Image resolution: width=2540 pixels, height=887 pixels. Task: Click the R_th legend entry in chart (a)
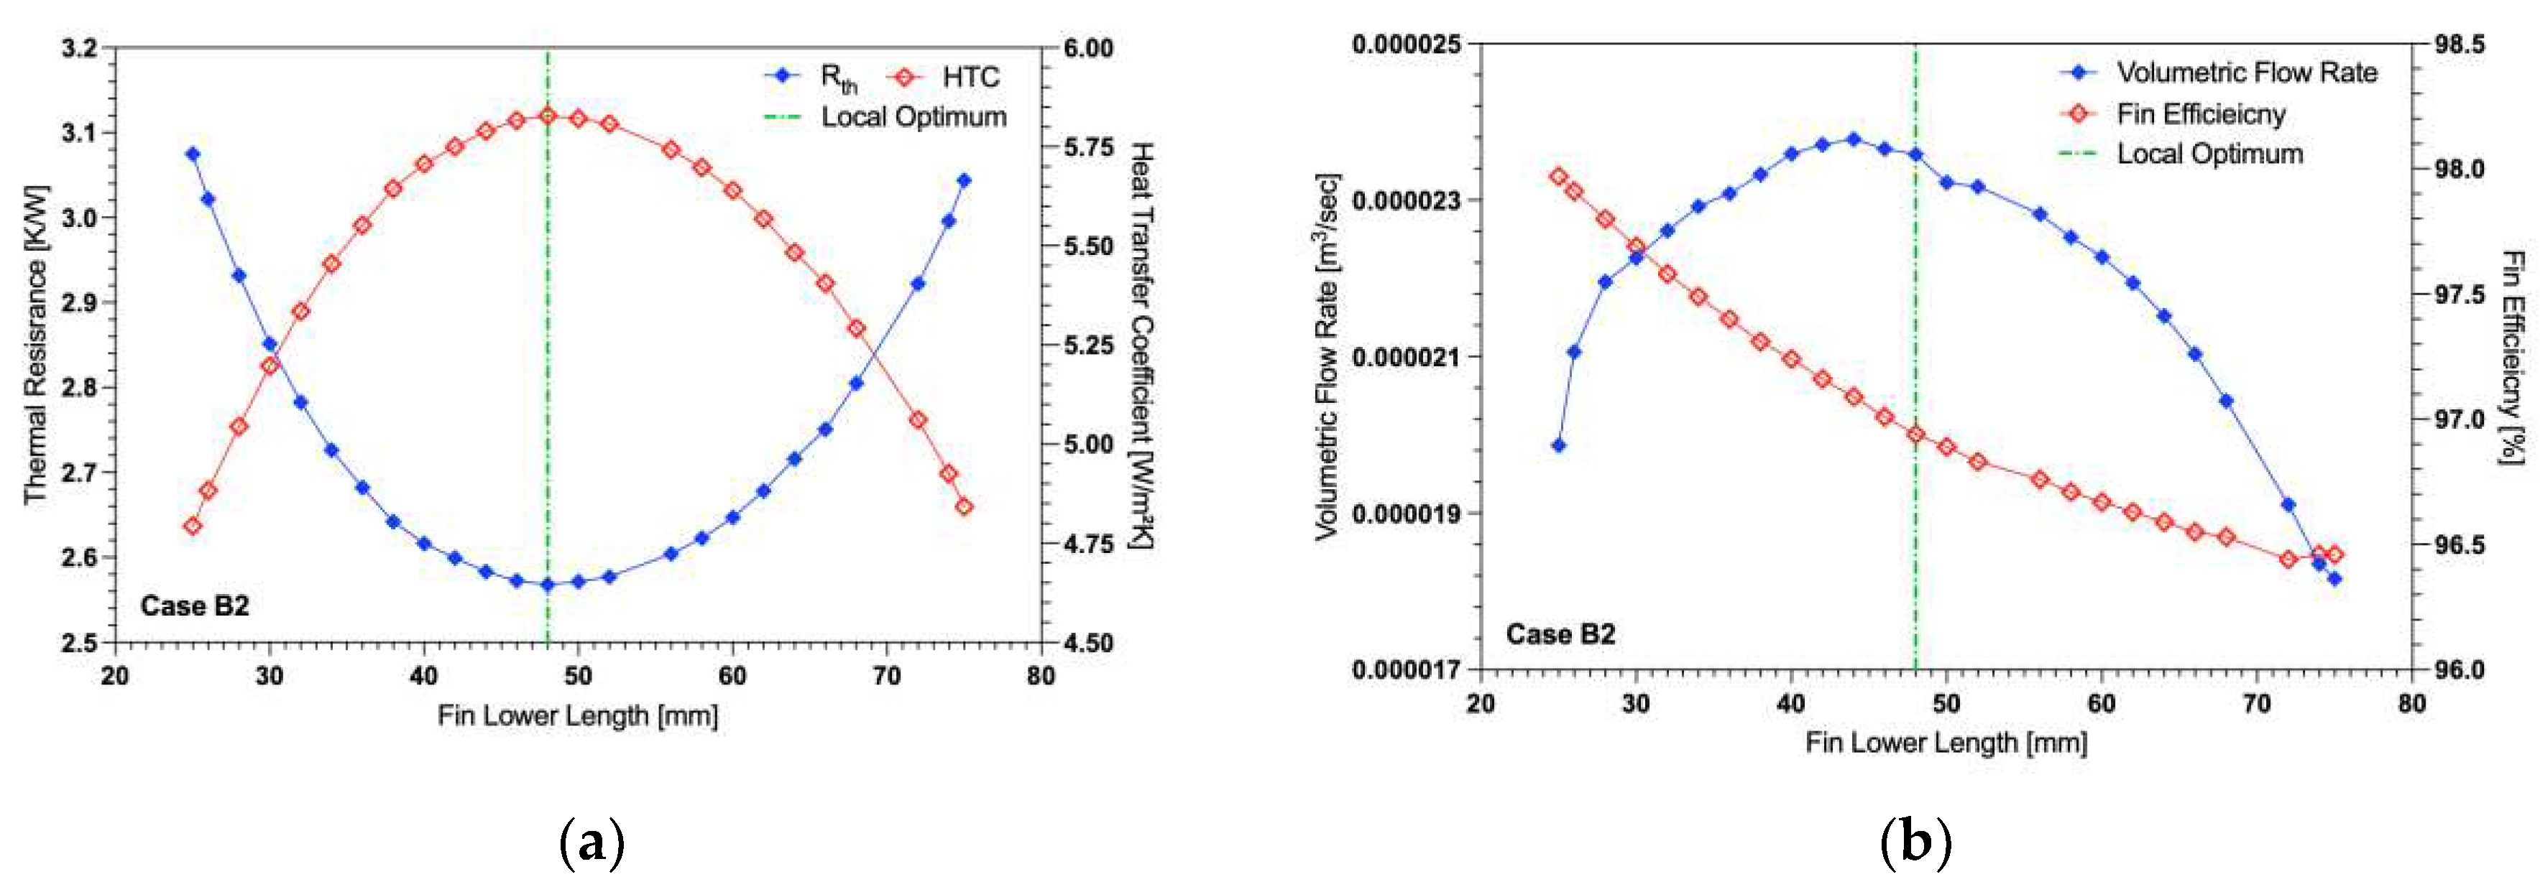pos(838,77)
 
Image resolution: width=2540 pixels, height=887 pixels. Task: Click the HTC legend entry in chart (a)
pos(970,77)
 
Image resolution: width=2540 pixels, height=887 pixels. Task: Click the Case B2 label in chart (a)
pos(194,605)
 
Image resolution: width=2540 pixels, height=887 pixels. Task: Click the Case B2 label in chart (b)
pos(1560,633)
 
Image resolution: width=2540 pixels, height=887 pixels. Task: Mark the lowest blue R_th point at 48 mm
pos(547,585)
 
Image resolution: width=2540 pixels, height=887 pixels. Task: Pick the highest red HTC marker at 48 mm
pos(547,116)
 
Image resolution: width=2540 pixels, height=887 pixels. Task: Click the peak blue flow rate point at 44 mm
pos(1853,139)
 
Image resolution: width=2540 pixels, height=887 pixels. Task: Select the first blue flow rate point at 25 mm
pos(1559,445)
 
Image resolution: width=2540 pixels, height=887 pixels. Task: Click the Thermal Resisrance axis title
pos(35,344)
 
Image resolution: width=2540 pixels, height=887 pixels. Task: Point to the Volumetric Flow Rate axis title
pos(1328,357)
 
